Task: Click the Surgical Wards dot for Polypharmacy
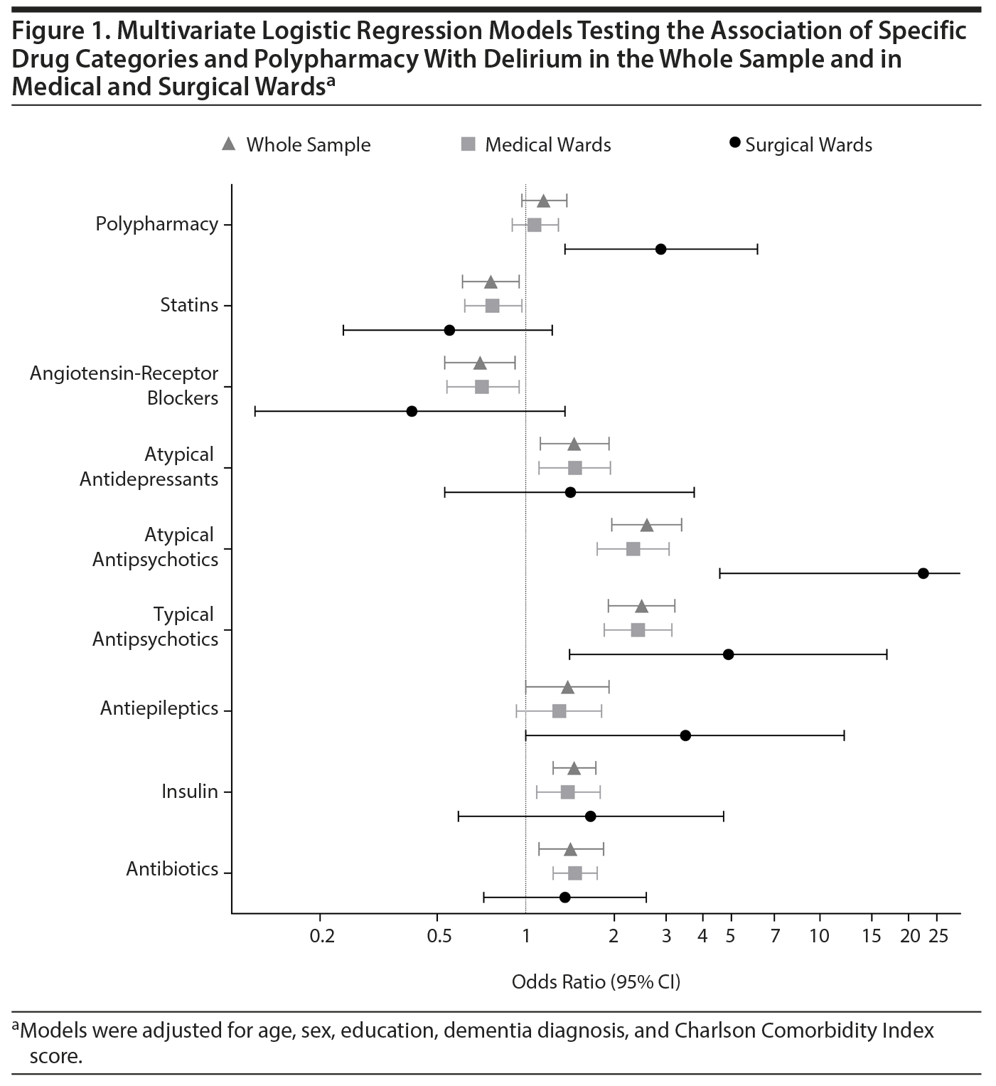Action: (x=660, y=249)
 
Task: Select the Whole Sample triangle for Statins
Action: (x=491, y=282)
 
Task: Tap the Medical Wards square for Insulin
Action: (x=567, y=792)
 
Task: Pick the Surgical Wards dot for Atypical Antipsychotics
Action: (x=923, y=573)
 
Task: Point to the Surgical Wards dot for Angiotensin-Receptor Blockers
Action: (x=412, y=411)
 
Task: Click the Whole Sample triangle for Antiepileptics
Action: (x=567, y=687)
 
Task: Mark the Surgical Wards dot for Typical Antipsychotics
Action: (x=728, y=654)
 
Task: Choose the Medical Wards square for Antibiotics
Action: (x=575, y=873)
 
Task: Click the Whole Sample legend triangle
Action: (x=228, y=144)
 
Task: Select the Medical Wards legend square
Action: (x=468, y=144)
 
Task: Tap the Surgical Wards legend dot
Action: (x=735, y=144)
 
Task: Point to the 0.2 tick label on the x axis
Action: (x=322, y=936)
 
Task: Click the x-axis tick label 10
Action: (x=819, y=936)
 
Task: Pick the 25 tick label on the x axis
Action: (x=938, y=936)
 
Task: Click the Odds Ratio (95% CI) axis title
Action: (x=596, y=982)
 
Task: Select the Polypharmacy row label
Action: (x=157, y=224)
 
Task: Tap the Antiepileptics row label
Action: (x=159, y=708)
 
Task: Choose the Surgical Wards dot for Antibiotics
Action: (x=564, y=898)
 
